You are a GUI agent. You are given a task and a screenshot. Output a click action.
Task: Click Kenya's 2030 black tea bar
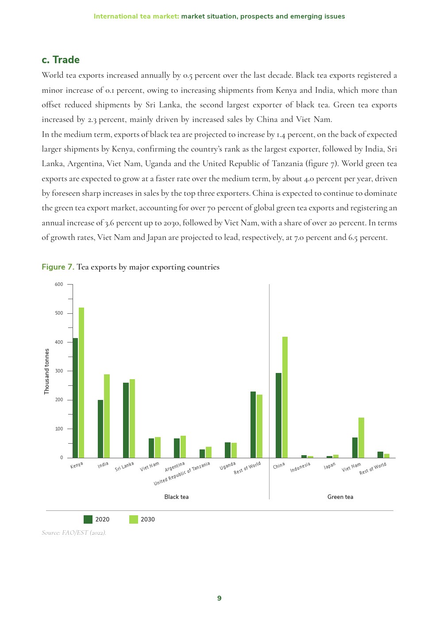[x=81, y=382]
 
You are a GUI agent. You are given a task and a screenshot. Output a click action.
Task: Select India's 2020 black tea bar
[x=100, y=429]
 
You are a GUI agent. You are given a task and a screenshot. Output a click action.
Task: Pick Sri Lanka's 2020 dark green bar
[x=126, y=420]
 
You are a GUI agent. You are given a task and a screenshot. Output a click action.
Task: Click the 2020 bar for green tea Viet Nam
[x=355, y=447]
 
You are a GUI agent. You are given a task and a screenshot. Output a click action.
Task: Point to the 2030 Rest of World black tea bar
[x=260, y=426]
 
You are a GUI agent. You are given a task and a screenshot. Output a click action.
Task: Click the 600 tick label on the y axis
[x=59, y=284]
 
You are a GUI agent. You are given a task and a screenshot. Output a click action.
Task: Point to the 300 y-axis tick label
[x=59, y=371]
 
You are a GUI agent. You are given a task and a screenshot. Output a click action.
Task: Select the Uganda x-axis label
[x=227, y=466]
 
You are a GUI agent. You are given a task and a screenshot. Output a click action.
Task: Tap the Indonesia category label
[x=300, y=467]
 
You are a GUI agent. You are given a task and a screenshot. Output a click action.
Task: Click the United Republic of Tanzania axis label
[x=182, y=473]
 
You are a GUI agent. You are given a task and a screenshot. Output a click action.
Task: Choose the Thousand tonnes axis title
[x=47, y=371]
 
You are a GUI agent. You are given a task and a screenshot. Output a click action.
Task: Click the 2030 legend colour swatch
[x=134, y=519]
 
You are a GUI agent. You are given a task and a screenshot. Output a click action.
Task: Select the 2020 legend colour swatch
[x=88, y=519]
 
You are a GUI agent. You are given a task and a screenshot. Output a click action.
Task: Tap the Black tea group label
[x=176, y=497]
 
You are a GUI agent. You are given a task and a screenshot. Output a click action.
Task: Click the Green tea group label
[x=340, y=497]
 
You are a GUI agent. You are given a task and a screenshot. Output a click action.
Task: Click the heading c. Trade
[x=61, y=60]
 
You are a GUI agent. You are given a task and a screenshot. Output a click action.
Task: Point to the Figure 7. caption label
[x=58, y=267]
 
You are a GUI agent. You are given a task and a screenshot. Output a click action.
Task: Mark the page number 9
[x=219, y=598]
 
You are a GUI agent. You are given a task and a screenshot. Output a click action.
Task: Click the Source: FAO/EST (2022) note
[x=74, y=533]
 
